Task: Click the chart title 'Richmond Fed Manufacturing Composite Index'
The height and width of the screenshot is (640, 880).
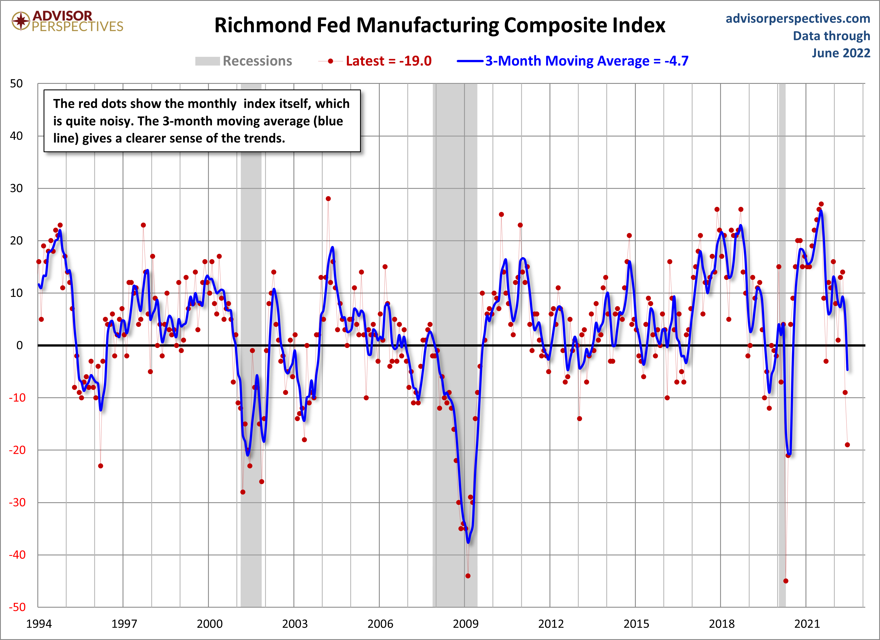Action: [x=440, y=25]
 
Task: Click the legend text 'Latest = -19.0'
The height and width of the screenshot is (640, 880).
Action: [x=388, y=61]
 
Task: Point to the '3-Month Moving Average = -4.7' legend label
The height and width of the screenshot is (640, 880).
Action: [x=587, y=61]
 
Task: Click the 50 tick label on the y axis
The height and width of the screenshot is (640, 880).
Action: [x=16, y=84]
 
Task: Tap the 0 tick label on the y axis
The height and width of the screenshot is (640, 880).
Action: [x=19, y=345]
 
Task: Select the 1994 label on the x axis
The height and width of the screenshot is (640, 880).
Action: [x=39, y=624]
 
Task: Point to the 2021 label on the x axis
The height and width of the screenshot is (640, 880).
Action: [x=807, y=624]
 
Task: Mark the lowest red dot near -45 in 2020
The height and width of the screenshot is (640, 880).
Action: [x=786, y=581]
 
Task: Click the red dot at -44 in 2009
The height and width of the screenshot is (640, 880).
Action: [x=468, y=576]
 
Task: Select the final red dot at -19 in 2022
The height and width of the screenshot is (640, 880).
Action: [x=847, y=445]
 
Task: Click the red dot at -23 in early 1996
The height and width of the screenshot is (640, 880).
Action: [x=101, y=466]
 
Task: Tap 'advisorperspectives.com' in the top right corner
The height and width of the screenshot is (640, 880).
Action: [x=798, y=18]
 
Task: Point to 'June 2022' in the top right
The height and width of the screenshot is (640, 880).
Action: [x=841, y=53]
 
